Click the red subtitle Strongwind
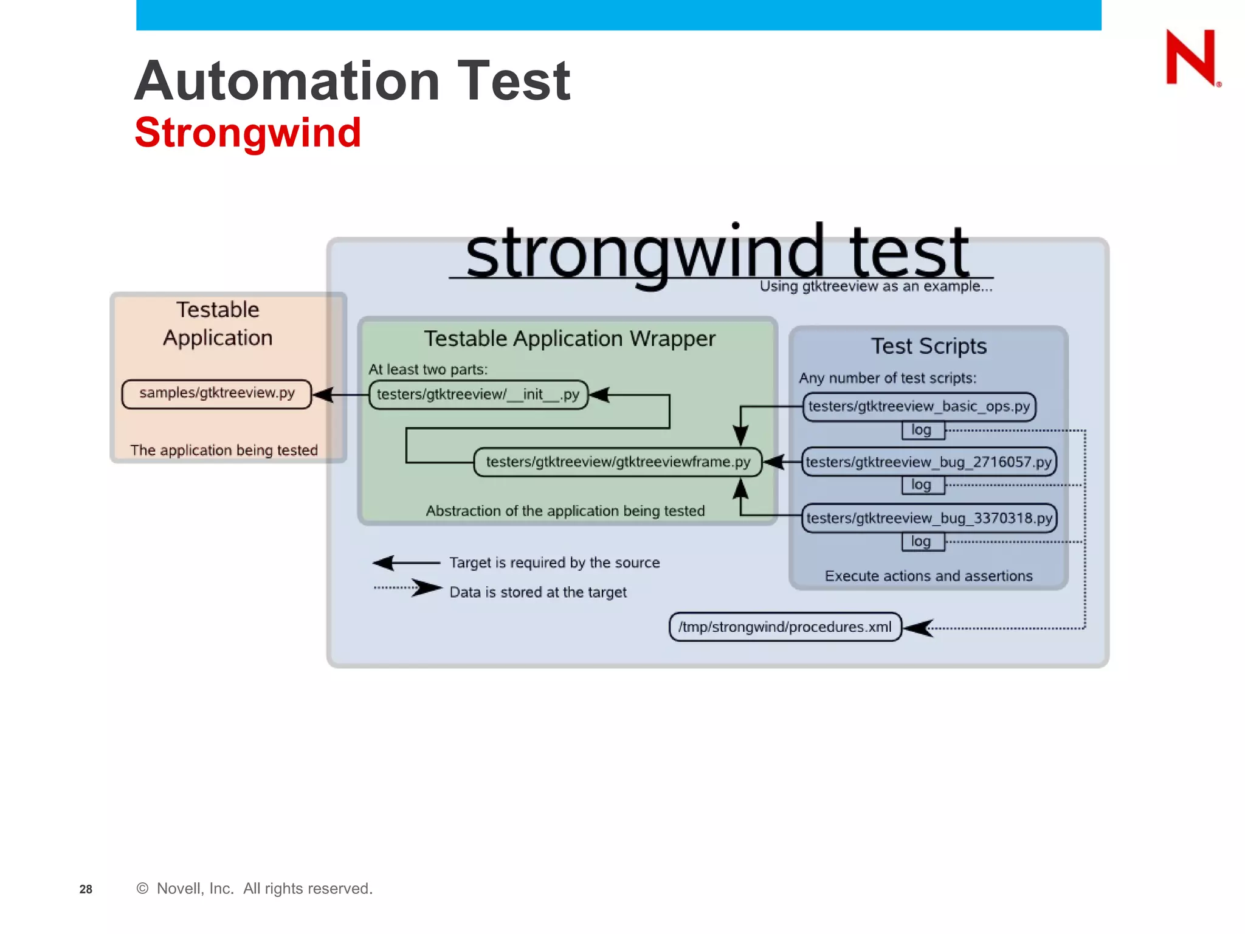click(248, 133)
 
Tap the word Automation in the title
click(287, 81)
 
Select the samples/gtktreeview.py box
click(216, 393)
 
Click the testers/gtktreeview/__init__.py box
click(478, 395)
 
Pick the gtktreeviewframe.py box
click(618, 462)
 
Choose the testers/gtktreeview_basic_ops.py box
click(919, 406)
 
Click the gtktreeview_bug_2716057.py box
click(928, 462)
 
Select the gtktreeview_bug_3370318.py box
click(928, 518)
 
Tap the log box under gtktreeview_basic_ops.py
click(922, 430)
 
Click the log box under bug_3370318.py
click(922, 541)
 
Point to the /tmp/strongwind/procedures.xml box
click(785, 627)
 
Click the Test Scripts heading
click(928, 346)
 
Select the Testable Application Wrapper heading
click(569, 338)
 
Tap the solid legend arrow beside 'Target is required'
click(406, 563)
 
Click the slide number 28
click(86, 889)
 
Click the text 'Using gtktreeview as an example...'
click(875, 286)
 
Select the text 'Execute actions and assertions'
click(928, 576)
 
